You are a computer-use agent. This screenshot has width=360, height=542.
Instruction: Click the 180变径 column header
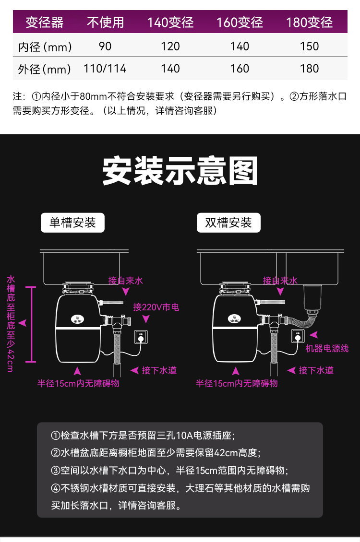pyautogui.click(x=309, y=23)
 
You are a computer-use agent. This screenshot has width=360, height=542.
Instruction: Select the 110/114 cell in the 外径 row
pyautogui.click(x=105, y=69)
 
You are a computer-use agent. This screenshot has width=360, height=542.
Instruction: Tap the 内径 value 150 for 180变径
pyautogui.click(x=309, y=47)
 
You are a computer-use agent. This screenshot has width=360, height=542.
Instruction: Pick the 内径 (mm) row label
pyautogui.click(x=45, y=47)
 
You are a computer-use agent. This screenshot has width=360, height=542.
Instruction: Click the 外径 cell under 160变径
pyautogui.click(x=240, y=69)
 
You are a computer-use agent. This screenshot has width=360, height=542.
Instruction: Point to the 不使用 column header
pyautogui.click(x=106, y=23)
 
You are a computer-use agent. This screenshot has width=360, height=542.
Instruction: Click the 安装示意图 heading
pyautogui.click(x=180, y=171)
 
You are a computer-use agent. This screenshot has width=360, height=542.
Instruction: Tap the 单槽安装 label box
pyautogui.click(x=72, y=223)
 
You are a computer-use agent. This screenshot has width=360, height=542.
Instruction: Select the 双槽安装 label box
pyautogui.click(x=228, y=223)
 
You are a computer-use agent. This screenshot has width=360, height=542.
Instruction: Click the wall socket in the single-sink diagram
pyautogui.click(x=141, y=336)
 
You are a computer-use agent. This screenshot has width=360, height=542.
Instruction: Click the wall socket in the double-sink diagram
pyautogui.click(x=298, y=336)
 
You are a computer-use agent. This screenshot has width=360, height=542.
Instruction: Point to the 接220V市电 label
pyautogui.click(x=156, y=307)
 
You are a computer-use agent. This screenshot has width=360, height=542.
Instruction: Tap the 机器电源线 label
pyautogui.click(x=327, y=348)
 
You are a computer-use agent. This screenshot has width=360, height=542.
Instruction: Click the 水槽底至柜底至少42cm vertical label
pyautogui.click(x=11, y=324)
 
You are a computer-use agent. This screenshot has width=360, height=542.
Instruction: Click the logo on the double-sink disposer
pyautogui.click(x=234, y=318)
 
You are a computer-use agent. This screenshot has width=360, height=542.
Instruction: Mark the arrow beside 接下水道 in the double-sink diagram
pyautogui.click(x=291, y=370)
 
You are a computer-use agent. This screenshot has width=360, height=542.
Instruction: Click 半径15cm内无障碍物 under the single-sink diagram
pyautogui.click(x=79, y=383)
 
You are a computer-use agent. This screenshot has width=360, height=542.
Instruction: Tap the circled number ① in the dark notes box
pyautogui.click(x=55, y=435)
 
